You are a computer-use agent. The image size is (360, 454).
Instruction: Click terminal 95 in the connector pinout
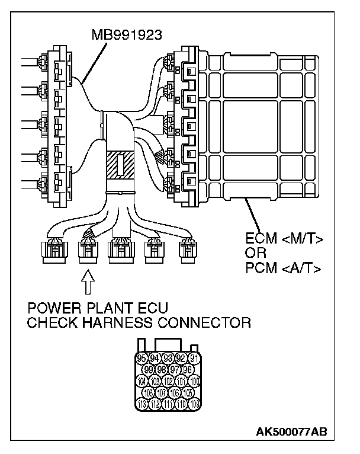(142, 358)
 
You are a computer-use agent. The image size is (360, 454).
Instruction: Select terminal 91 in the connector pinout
(194, 358)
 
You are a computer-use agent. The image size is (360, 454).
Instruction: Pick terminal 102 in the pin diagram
(168, 381)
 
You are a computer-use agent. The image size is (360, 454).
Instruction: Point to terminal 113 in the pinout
(142, 405)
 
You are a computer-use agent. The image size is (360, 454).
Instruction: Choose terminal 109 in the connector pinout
(194, 405)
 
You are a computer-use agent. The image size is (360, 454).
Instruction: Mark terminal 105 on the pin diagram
(188, 393)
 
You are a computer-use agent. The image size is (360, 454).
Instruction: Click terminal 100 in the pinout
(194, 381)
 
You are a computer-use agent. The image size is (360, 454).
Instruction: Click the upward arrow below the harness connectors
(88, 283)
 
